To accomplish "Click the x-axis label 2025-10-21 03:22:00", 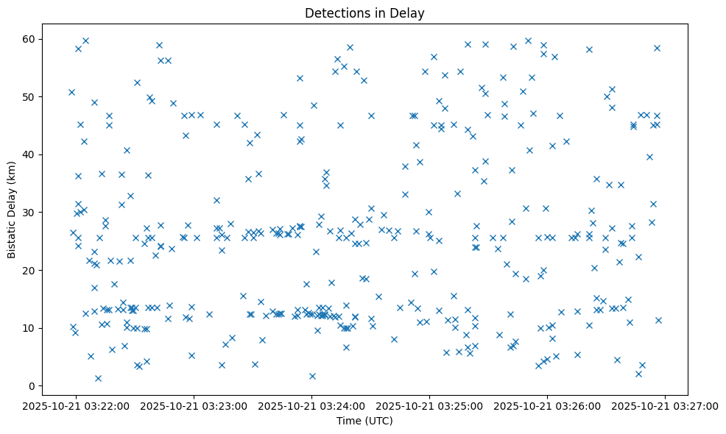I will click(x=76, y=405).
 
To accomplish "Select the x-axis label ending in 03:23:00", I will click(x=194, y=405).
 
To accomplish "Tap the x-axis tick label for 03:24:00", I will click(x=311, y=405).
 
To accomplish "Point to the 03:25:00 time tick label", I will click(x=429, y=405).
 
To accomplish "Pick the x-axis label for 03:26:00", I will click(x=547, y=405).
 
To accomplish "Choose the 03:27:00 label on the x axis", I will click(x=665, y=405).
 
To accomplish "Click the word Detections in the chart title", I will click(x=334, y=13).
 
